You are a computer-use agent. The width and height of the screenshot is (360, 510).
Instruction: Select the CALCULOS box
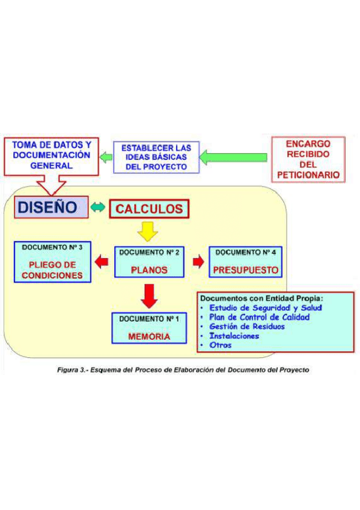[149, 209]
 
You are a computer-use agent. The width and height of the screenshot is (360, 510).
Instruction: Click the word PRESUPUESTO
[245, 270]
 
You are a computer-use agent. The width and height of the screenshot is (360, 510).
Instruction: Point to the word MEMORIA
[149, 337]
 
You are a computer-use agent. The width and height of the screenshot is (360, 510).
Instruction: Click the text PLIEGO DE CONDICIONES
[52, 270]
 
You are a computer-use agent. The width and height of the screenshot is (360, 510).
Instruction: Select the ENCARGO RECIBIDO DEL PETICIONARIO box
[308, 159]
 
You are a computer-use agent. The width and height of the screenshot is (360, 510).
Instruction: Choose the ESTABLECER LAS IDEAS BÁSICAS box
[156, 157]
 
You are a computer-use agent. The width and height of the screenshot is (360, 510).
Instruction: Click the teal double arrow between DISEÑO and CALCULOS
[98, 208]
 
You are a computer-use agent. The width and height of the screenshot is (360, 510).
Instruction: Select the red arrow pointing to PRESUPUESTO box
[198, 262]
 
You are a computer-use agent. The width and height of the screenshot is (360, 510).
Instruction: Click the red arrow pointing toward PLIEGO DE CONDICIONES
[102, 262]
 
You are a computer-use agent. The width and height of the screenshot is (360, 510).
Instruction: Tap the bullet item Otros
[220, 345]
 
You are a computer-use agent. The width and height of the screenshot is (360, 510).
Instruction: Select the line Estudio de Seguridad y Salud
[265, 307]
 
